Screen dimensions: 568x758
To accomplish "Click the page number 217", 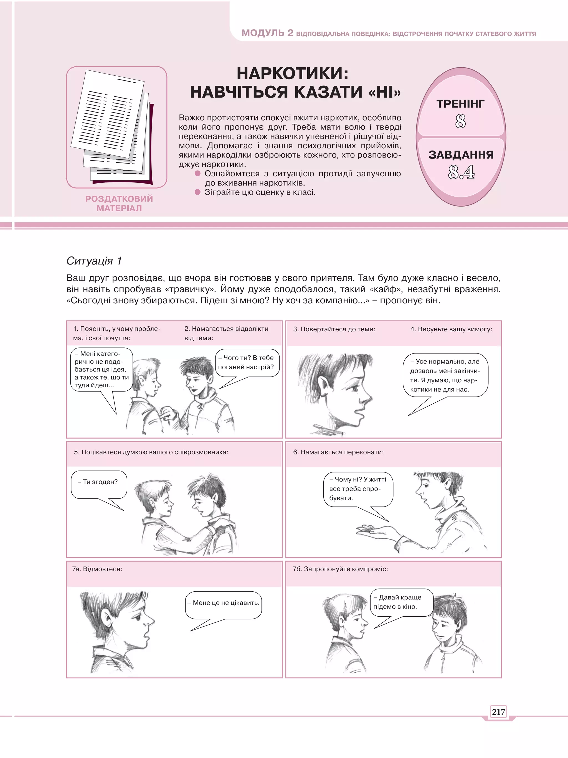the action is click(x=498, y=712).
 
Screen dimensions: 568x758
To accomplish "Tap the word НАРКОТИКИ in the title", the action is click(x=292, y=73).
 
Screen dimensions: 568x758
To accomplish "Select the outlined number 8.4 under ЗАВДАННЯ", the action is click(x=461, y=172).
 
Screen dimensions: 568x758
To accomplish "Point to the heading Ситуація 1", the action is click(x=94, y=261).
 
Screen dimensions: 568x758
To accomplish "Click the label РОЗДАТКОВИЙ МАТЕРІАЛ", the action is click(x=119, y=203).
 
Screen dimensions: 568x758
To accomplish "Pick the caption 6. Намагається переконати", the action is click(x=338, y=452).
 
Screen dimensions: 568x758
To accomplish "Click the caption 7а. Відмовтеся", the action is click(x=97, y=569).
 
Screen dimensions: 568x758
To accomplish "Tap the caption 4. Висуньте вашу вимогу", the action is click(x=451, y=329).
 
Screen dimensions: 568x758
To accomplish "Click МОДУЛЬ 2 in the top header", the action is click(x=267, y=33).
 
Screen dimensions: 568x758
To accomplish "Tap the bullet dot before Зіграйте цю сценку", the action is click(x=197, y=192).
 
